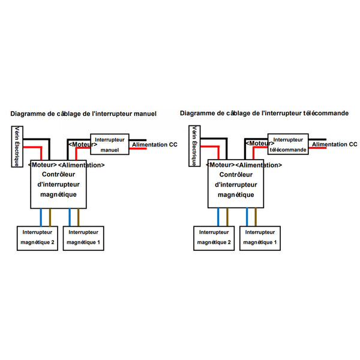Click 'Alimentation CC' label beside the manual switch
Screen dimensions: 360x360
click(x=155, y=145)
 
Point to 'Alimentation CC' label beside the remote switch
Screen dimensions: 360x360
click(x=335, y=145)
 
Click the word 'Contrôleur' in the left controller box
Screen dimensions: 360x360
click(x=59, y=174)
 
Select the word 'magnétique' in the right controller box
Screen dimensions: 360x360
click(x=236, y=195)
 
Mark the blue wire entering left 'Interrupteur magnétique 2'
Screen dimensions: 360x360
click(x=41, y=217)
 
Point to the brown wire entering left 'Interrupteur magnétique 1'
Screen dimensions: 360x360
click(x=78, y=217)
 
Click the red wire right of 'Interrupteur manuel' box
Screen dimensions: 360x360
click(x=138, y=149)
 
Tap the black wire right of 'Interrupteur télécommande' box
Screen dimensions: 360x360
click(x=317, y=139)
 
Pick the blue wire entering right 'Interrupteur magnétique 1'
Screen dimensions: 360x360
click(x=247, y=217)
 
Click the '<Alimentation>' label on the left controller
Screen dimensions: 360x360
click(x=82, y=165)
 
